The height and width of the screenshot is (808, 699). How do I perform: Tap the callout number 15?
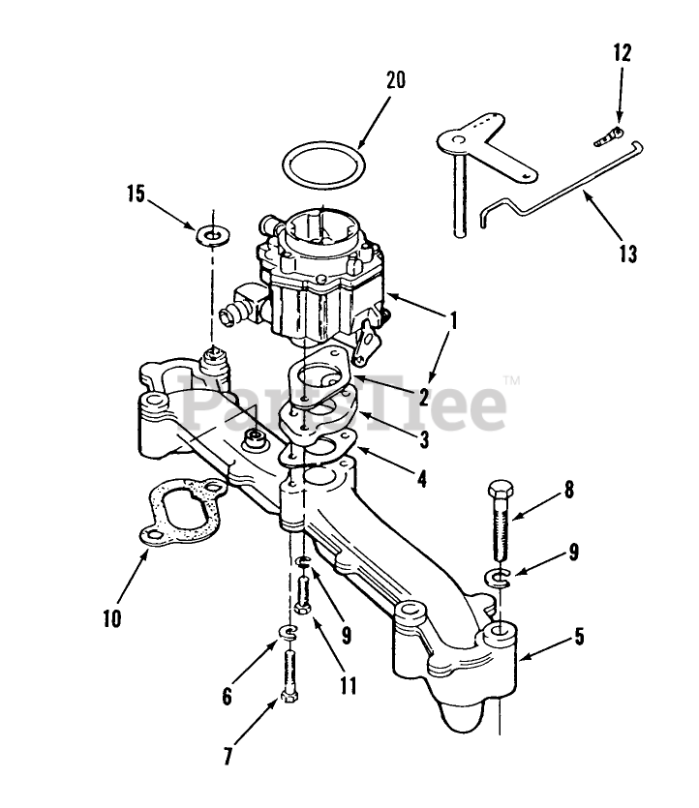tap(135, 195)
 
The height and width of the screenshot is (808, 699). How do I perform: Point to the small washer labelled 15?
tap(209, 234)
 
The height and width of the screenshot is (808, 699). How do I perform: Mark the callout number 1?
tap(452, 316)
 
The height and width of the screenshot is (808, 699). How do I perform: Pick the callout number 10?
tap(112, 616)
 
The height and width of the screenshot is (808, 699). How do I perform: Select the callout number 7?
tap(228, 757)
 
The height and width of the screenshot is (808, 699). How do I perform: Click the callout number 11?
tap(348, 686)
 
